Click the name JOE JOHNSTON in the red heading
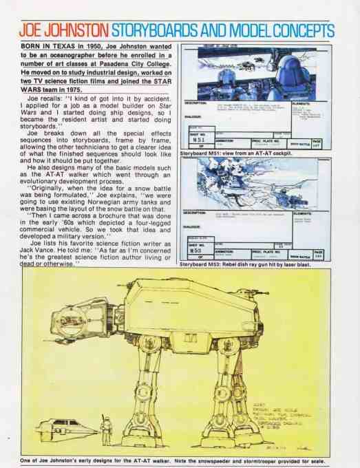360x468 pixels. point(62,31)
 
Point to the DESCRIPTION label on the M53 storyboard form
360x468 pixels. point(199,213)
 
